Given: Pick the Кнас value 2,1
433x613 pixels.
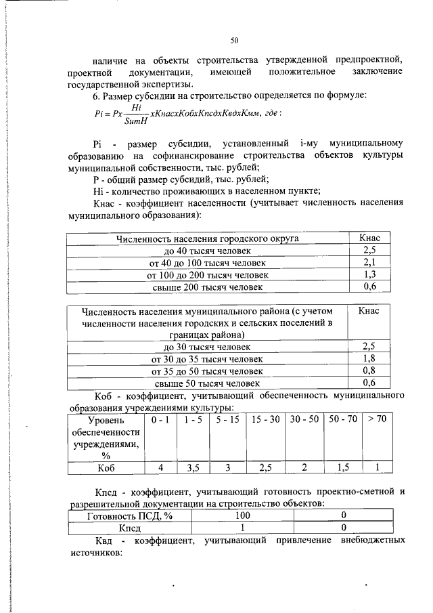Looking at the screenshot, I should [x=369, y=263].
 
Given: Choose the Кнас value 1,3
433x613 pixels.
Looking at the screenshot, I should [x=369, y=275].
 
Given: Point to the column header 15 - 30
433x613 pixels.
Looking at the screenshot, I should [x=265, y=420].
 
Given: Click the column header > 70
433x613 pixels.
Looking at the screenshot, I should [x=377, y=420].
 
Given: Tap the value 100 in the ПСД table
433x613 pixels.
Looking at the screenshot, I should [x=242, y=515].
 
